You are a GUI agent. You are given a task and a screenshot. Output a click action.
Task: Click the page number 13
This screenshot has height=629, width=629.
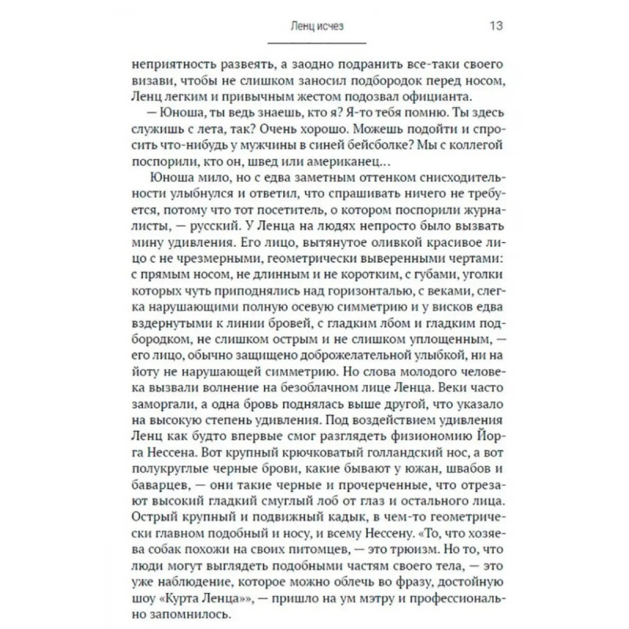click(496, 25)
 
